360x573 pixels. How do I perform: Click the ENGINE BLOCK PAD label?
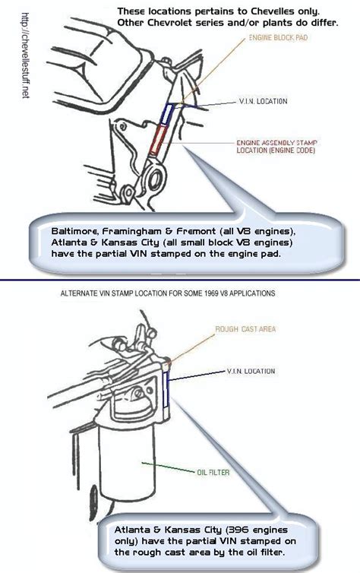tap(278, 38)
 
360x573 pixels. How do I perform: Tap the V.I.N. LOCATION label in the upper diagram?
tap(263, 101)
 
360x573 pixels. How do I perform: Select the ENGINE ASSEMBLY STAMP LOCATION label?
tap(276, 146)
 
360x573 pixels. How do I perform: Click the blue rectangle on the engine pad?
tap(167, 113)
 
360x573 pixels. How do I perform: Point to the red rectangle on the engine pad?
tap(158, 139)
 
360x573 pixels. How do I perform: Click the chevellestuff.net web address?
tap(25, 55)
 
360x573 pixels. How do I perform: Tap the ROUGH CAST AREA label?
tap(245, 329)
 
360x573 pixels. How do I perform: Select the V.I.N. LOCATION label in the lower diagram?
tap(251, 371)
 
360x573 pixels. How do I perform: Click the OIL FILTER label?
tap(213, 472)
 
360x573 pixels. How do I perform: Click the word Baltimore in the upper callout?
tap(75, 231)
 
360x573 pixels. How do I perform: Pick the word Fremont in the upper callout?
tap(196, 231)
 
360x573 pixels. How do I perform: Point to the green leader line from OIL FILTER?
tap(169, 467)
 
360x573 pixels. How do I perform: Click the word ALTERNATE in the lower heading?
tap(76, 293)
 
